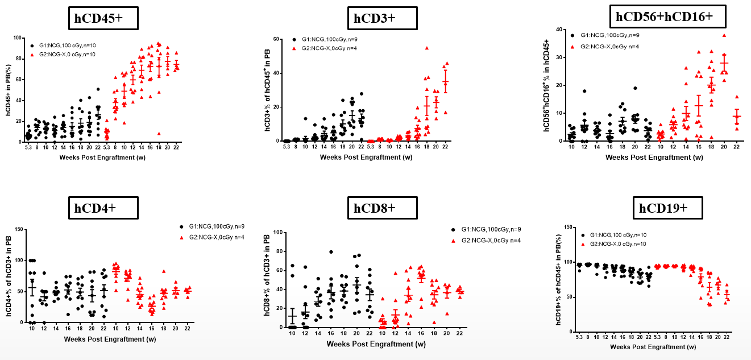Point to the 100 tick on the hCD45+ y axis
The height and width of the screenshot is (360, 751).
coord(18,38)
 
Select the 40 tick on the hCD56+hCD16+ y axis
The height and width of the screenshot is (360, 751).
coord(559,30)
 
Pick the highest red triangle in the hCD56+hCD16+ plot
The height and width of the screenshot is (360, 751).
coord(724,35)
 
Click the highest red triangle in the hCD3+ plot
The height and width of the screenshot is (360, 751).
coord(426,48)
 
